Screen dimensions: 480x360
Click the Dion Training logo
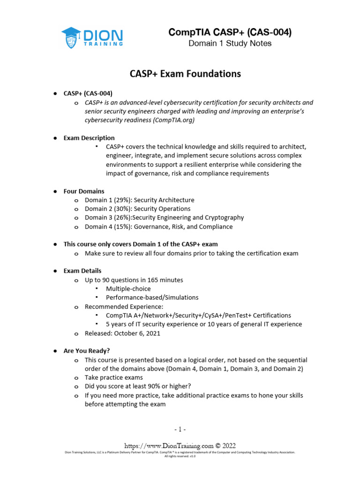pos(92,37)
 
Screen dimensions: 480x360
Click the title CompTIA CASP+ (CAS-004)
pos(230,32)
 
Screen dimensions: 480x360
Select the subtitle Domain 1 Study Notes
pos(230,44)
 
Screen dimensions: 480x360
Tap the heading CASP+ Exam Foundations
pos(185,74)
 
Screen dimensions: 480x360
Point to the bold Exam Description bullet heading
pos(89,138)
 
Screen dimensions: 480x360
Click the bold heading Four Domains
pos(84,191)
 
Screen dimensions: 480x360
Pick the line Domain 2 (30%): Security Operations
pos(137,209)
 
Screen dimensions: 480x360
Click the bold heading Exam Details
pos(82,271)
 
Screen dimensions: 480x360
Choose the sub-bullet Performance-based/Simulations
pos(152,298)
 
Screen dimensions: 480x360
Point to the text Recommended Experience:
pos(124,307)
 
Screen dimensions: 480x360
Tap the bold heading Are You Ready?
pos(87,351)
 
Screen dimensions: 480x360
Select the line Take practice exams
pos(113,377)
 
